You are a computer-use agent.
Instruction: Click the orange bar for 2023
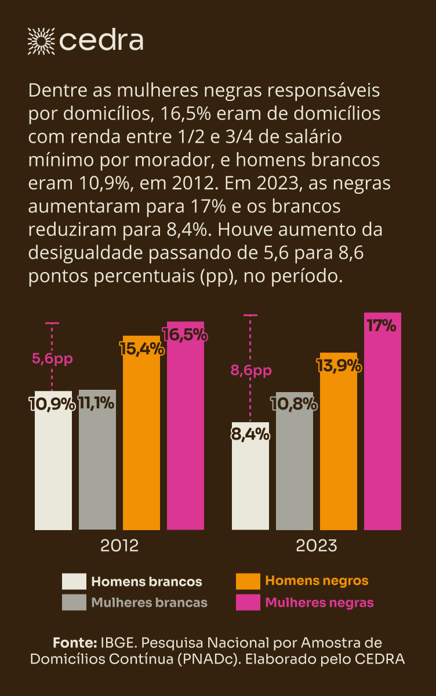click(339, 452)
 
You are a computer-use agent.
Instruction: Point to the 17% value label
click(381, 326)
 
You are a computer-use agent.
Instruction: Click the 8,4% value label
click(250, 433)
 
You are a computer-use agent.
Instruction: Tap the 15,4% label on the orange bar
click(141, 350)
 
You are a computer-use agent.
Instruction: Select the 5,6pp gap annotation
click(52, 359)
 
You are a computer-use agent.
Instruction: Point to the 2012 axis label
click(119, 546)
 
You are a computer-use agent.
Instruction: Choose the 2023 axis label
click(317, 546)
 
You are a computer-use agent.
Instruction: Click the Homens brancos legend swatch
click(74, 582)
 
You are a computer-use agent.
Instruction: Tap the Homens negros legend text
click(317, 581)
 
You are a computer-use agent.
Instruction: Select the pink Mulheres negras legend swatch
click(248, 603)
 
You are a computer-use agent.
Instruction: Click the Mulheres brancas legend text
click(149, 603)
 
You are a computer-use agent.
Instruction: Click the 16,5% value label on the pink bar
click(186, 335)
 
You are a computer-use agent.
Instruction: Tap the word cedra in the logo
click(101, 41)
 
